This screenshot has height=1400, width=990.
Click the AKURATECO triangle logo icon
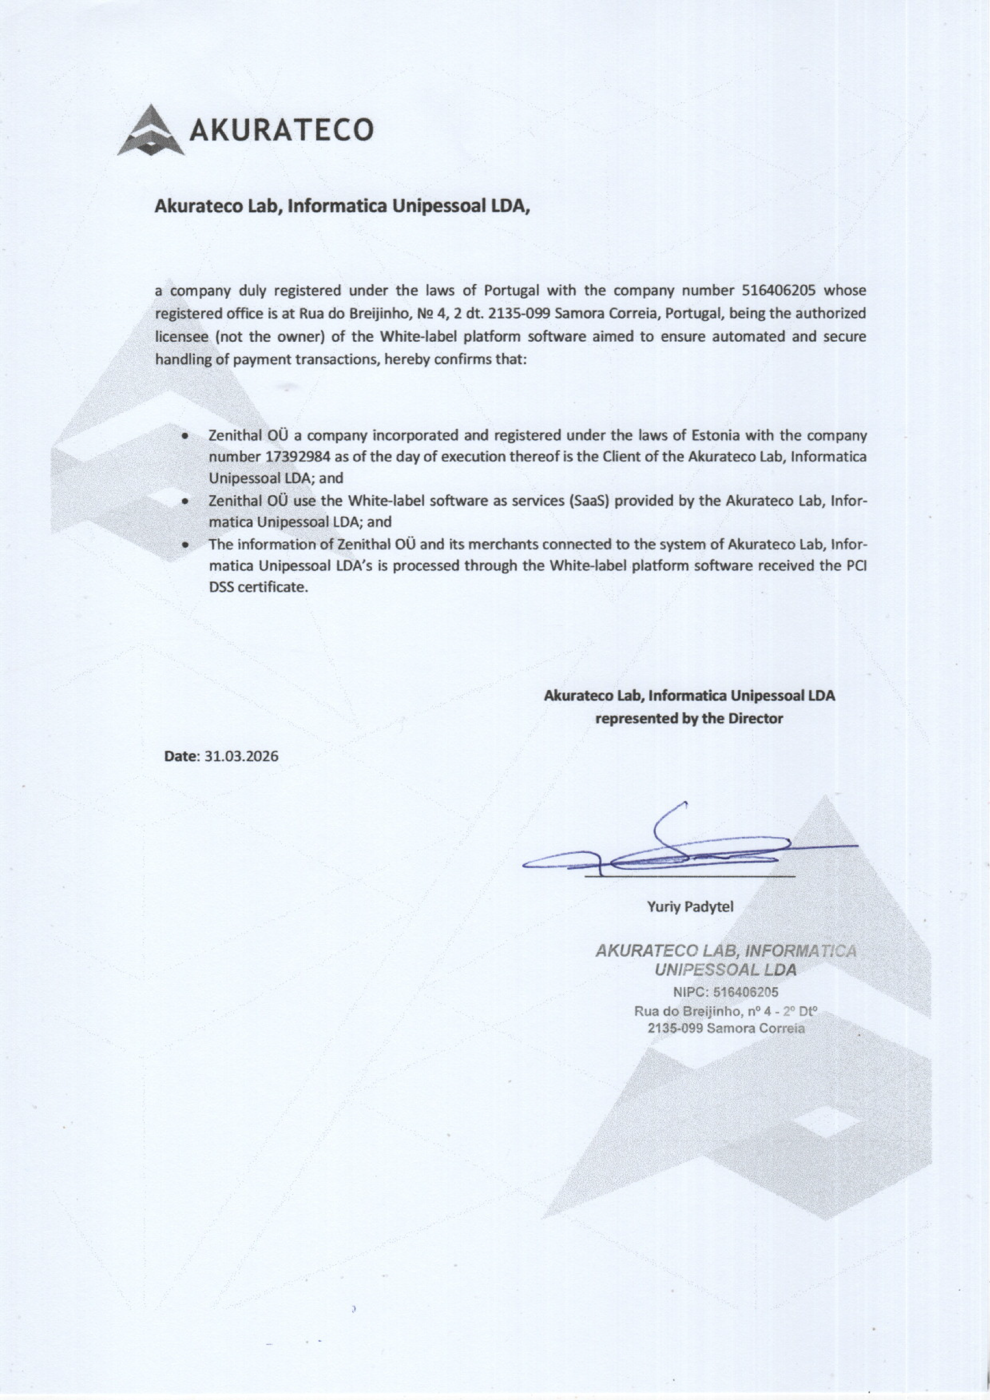tap(151, 130)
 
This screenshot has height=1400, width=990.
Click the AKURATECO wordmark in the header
tap(281, 130)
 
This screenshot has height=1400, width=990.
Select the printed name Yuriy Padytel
tap(690, 907)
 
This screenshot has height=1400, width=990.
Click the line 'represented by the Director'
tap(688, 718)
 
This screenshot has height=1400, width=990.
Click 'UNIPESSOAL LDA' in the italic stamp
tap(725, 970)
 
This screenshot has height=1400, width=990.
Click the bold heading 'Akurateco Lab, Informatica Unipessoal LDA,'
tap(343, 206)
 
